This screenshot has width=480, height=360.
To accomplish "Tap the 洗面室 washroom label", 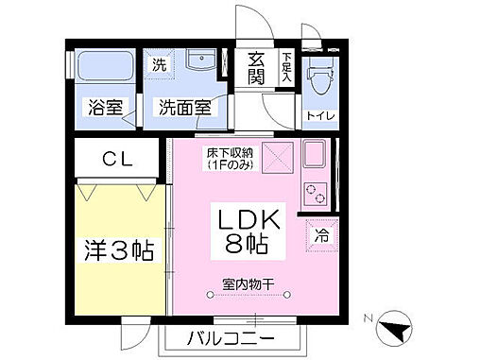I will pos(184,108).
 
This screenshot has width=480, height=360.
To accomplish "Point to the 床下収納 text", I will pos(229,158).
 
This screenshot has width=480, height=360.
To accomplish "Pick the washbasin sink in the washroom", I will pos(200,63).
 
